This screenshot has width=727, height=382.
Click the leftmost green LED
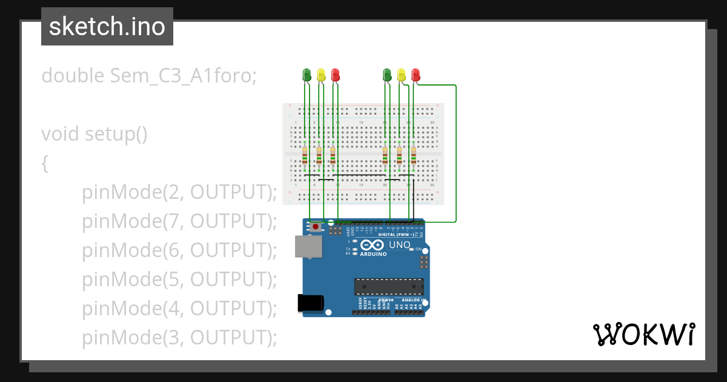(307, 75)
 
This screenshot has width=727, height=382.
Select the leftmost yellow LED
(321, 75)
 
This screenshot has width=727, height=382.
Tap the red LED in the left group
(335, 75)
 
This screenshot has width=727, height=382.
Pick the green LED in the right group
(387, 75)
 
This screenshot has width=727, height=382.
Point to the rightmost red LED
(416, 75)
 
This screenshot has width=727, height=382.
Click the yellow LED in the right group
(401, 75)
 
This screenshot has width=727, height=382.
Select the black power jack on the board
(310, 303)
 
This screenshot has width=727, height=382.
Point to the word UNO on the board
(399, 245)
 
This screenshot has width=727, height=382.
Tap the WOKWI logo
(643, 334)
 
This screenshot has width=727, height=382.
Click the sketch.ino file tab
(107, 27)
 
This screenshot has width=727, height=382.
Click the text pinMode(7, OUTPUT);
(179, 221)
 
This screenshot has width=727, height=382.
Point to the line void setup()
(95, 133)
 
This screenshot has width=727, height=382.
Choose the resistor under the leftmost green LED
(305, 156)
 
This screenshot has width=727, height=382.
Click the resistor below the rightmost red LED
(414, 156)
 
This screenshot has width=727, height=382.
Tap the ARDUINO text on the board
(373, 254)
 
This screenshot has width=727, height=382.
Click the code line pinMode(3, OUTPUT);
(179, 338)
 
